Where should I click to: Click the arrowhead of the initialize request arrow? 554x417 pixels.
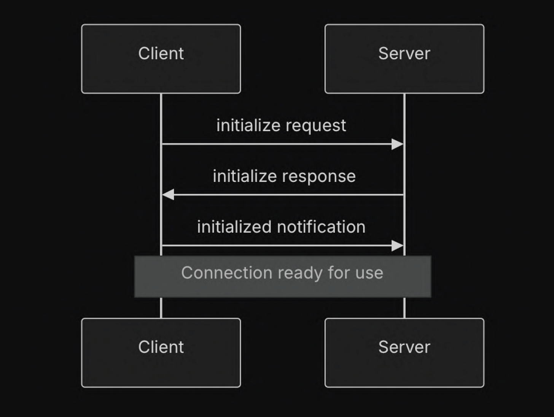tap(397, 144)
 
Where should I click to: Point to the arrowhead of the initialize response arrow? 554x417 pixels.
tap(168, 195)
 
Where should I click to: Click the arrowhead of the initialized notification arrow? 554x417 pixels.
tap(397, 246)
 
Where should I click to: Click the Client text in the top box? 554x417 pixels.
tap(161, 53)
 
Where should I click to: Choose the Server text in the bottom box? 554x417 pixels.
tap(404, 347)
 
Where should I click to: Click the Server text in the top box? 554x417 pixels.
tap(404, 53)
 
